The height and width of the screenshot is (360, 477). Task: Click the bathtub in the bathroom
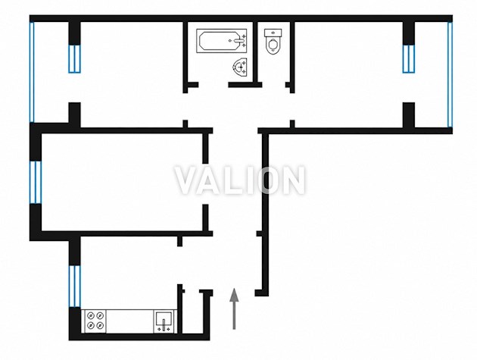click(221, 41)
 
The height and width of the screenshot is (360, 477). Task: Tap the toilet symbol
click(273, 42)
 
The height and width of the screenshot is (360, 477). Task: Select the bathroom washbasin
click(241, 67)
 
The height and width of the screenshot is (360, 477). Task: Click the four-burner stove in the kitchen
click(95, 321)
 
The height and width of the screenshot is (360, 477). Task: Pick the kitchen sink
click(164, 321)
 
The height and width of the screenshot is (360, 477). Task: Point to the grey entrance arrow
click(234, 308)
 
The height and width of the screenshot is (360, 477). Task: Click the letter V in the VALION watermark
click(189, 180)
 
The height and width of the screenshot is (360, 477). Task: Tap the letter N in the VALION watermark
click(292, 180)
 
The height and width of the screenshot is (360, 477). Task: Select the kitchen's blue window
click(74, 286)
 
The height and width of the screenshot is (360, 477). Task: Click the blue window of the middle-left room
click(36, 182)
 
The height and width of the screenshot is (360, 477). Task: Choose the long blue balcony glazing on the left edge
click(33, 72)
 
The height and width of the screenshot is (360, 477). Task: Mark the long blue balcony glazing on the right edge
click(450, 74)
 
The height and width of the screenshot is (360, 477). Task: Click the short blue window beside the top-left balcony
click(74, 59)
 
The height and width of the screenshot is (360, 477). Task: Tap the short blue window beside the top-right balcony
click(409, 59)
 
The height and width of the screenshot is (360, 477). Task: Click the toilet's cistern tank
click(273, 33)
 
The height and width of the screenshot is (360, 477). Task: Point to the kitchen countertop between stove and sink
click(130, 321)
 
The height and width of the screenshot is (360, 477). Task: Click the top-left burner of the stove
click(91, 315)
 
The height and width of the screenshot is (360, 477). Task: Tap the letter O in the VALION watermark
click(267, 180)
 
